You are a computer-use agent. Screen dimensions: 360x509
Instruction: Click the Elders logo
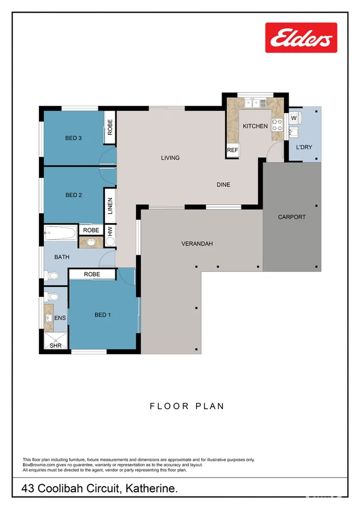[x=301, y=38]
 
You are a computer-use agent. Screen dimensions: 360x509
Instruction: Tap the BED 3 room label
[x=73, y=138]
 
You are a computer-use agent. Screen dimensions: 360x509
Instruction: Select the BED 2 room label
[x=74, y=195]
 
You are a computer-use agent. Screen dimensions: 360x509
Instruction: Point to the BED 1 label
[x=102, y=315]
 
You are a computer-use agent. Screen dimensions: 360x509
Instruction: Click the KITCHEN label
[x=255, y=126]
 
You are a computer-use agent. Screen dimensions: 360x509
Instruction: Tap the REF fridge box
[x=232, y=150]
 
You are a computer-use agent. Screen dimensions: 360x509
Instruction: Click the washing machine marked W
[x=294, y=118]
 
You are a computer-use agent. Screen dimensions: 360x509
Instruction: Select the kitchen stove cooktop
[x=277, y=125]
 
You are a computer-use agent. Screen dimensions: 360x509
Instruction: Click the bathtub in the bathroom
[x=60, y=233]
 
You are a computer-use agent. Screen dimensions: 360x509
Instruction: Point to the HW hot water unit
[x=110, y=235]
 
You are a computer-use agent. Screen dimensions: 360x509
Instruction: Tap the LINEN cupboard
[x=110, y=206]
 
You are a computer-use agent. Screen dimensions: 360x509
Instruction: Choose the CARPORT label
[x=291, y=217]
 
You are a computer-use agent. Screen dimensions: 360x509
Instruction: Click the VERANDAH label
[x=197, y=244]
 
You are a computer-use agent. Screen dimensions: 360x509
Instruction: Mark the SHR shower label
[x=56, y=345]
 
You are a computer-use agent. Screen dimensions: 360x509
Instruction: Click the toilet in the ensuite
[x=52, y=296]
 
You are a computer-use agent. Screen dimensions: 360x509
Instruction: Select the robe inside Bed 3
[x=110, y=127]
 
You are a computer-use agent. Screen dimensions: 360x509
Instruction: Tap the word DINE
[x=223, y=184]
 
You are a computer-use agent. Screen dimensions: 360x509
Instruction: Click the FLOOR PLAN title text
[x=187, y=406]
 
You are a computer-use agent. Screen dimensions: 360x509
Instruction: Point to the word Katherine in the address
[x=152, y=488]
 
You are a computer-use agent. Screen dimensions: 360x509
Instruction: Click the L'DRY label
[x=304, y=147]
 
